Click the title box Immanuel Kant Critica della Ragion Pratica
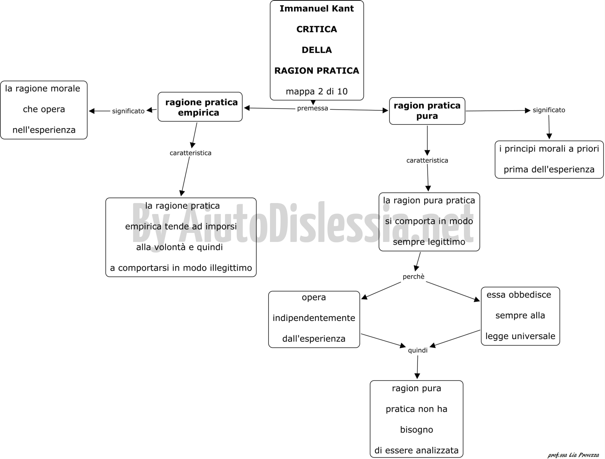pyautogui.click(x=316, y=50)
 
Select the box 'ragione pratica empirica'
pyautogui.click(x=200, y=107)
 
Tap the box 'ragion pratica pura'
pyautogui.click(x=427, y=111)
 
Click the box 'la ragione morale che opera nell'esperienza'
pyautogui.click(x=44, y=110)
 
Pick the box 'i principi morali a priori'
pyautogui.click(x=549, y=160)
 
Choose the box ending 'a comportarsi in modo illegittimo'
pyautogui.click(x=181, y=237)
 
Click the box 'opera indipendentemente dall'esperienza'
pyautogui.click(x=314, y=319)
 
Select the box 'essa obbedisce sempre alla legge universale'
pyautogui.click(x=520, y=316)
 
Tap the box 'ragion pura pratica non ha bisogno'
pyautogui.click(x=416, y=419)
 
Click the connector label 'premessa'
pyautogui.click(x=313, y=108)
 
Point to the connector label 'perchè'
pyautogui.click(x=413, y=277)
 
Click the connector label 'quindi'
pyautogui.click(x=417, y=350)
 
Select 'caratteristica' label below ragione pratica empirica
pyautogui.click(x=191, y=153)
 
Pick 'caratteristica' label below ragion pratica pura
pyautogui.click(x=427, y=160)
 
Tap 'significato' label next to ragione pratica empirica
pyautogui.click(x=128, y=111)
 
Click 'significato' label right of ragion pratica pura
pyautogui.click(x=549, y=110)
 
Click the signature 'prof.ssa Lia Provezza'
pyautogui.click(x=573, y=455)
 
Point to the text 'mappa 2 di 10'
pyautogui.click(x=316, y=91)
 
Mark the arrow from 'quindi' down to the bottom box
pyautogui.click(x=417, y=367)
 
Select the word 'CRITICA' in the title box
pyautogui.click(x=316, y=29)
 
